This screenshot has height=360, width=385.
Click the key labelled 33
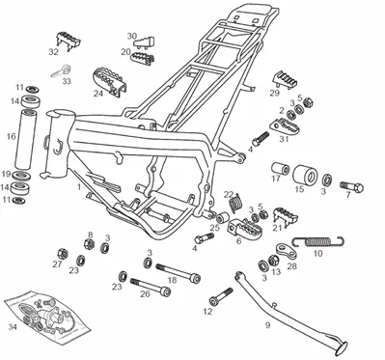(x=61, y=71)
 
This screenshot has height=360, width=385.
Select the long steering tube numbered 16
(x=26, y=139)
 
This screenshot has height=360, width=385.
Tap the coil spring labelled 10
(x=318, y=241)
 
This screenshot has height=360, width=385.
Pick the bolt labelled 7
(x=352, y=186)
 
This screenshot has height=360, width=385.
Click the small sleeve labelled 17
(x=280, y=168)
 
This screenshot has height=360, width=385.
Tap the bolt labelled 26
(x=151, y=287)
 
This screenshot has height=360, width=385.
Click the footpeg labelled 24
(x=110, y=81)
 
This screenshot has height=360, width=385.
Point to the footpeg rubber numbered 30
(x=144, y=42)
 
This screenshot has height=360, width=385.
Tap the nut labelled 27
(x=62, y=254)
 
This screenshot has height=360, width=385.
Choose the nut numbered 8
(x=89, y=244)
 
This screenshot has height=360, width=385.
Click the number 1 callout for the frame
(x=78, y=186)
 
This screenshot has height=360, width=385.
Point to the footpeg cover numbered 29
(x=286, y=80)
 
